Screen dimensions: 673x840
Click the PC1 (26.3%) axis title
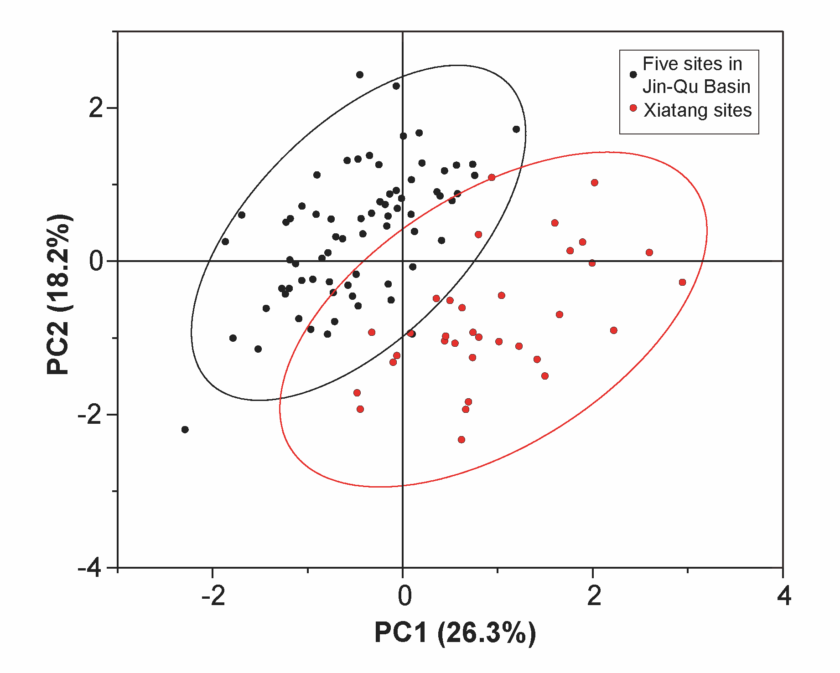(x=455, y=632)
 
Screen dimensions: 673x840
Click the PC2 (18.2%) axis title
(x=59, y=294)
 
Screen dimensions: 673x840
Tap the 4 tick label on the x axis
(x=784, y=596)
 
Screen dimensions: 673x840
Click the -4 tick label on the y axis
(x=90, y=568)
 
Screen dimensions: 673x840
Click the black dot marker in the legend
(x=633, y=75)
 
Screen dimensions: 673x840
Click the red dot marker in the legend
(x=633, y=108)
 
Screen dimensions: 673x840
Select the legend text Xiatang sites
(x=697, y=110)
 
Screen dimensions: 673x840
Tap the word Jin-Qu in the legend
(x=664, y=87)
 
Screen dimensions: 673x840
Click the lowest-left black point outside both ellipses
(x=185, y=430)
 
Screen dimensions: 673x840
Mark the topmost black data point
(x=359, y=75)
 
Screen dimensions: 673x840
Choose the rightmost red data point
(x=682, y=283)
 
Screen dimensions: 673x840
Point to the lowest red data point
(x=461, y=440)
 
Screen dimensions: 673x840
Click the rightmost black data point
(x=516, y=129)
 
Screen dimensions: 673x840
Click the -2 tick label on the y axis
(x=90, y=415)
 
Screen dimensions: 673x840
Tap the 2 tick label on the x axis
(x=594, y=596)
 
